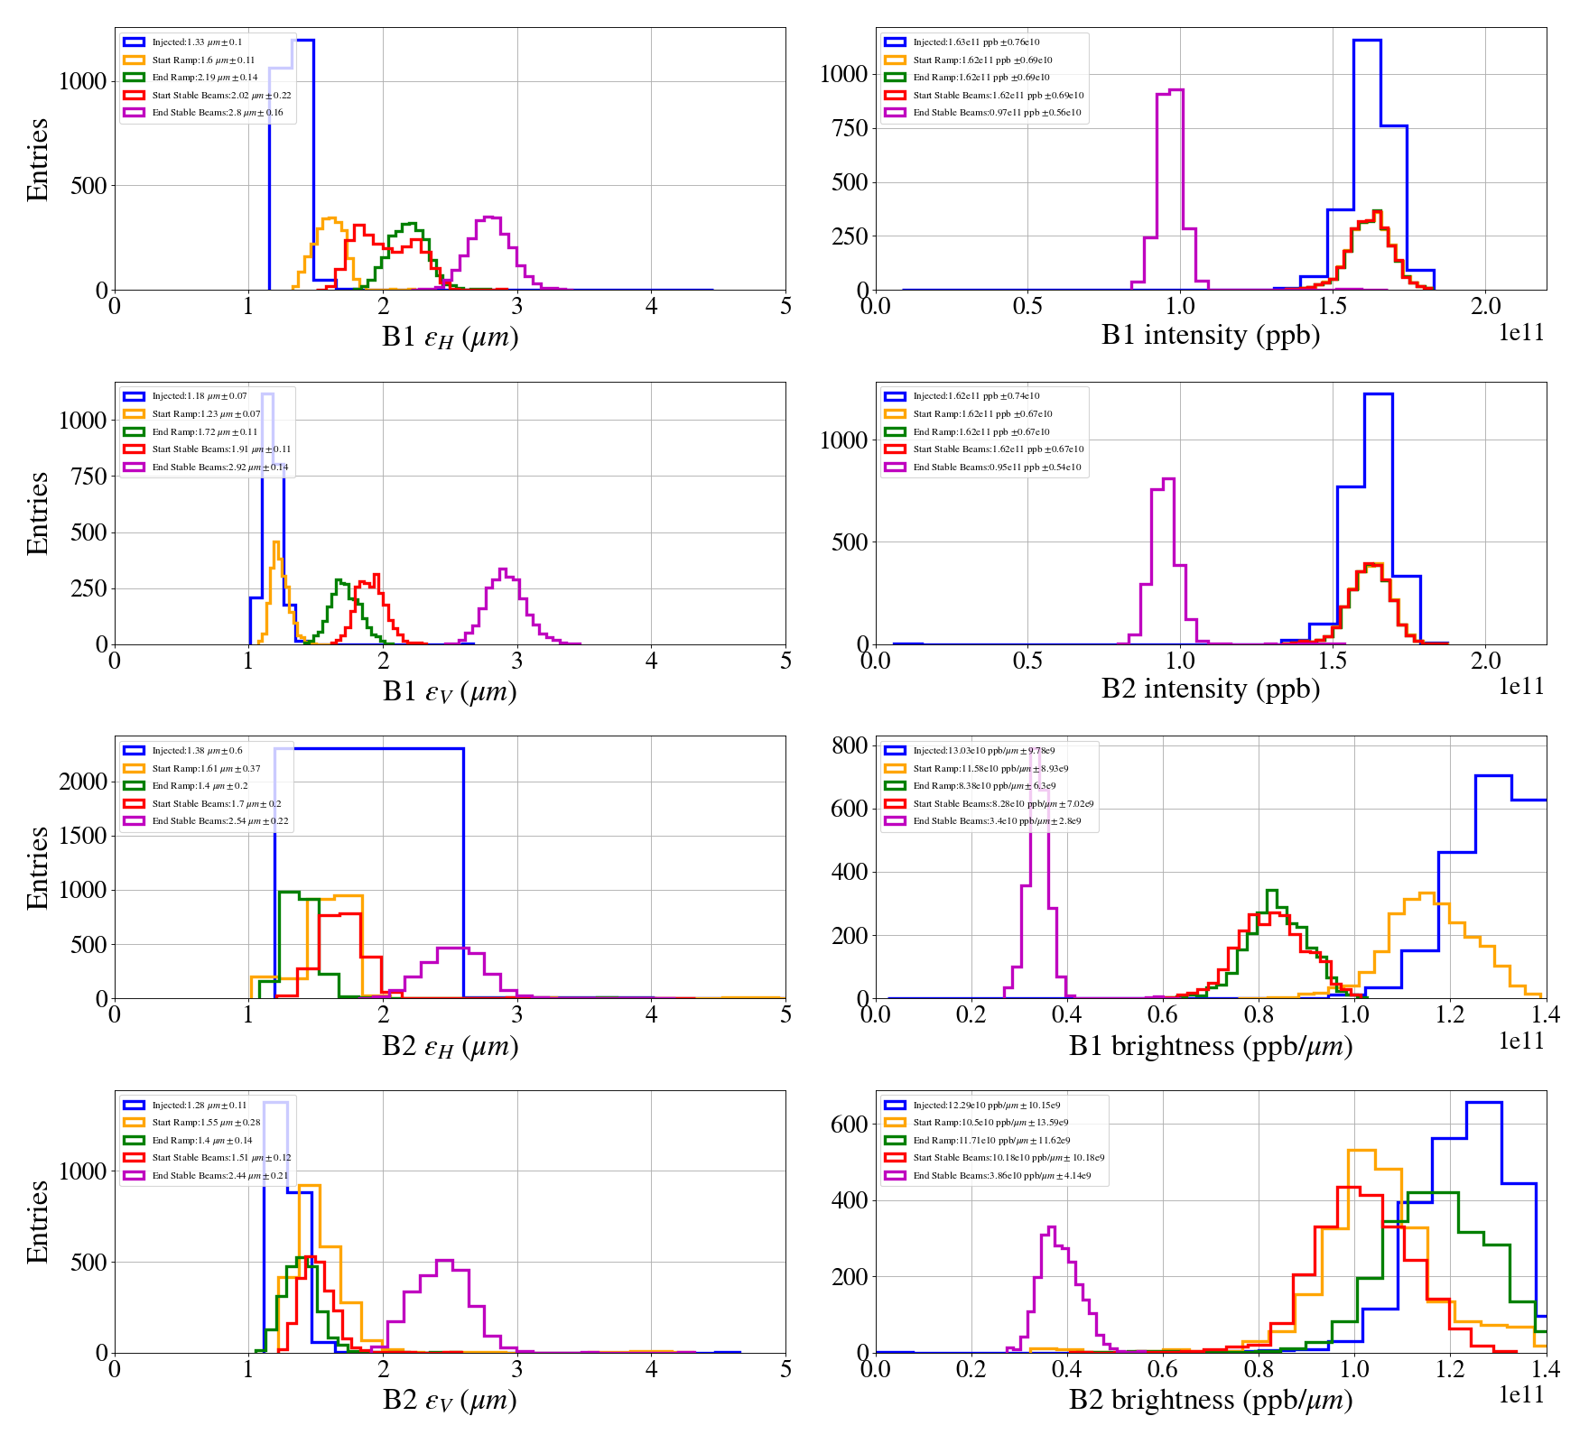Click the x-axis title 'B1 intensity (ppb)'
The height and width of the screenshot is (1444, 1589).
click(x=1210, y=335)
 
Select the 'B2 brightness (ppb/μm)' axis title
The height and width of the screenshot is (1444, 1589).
click(x=1210, y=1400)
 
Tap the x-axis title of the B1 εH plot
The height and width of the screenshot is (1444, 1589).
click(x=450, y=337)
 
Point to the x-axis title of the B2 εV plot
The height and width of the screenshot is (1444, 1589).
click(x=450, y=1400)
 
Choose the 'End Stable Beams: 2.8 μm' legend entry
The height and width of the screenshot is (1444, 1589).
click(x=217, y=113)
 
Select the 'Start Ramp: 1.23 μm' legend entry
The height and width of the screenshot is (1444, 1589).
click(x=206, y=414)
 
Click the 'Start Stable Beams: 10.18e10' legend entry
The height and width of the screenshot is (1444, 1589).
click(x=1008, y=1158)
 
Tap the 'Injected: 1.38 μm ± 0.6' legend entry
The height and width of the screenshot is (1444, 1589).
click(x=197, y=751)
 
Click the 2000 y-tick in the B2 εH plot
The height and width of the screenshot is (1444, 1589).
click(x=83, y=782)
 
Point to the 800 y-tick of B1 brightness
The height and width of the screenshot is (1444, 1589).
click(x=849, y=745)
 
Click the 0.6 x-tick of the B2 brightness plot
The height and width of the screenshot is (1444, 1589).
click(x=1162, y=1368)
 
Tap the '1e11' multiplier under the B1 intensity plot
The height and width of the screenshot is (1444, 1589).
click(x=1521, y=332)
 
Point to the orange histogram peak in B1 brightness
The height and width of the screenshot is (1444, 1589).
click(x=1426, y=893)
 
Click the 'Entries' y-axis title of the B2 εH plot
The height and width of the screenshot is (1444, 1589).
click(x=38, y=867)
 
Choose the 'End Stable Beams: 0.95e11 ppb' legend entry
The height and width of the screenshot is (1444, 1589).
click(x=997, y=467)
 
